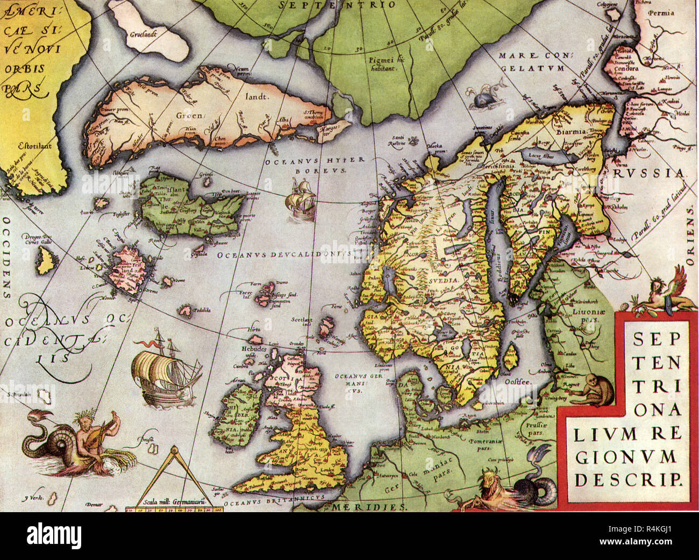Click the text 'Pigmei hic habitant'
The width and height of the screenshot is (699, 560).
(x=385, y=64)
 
